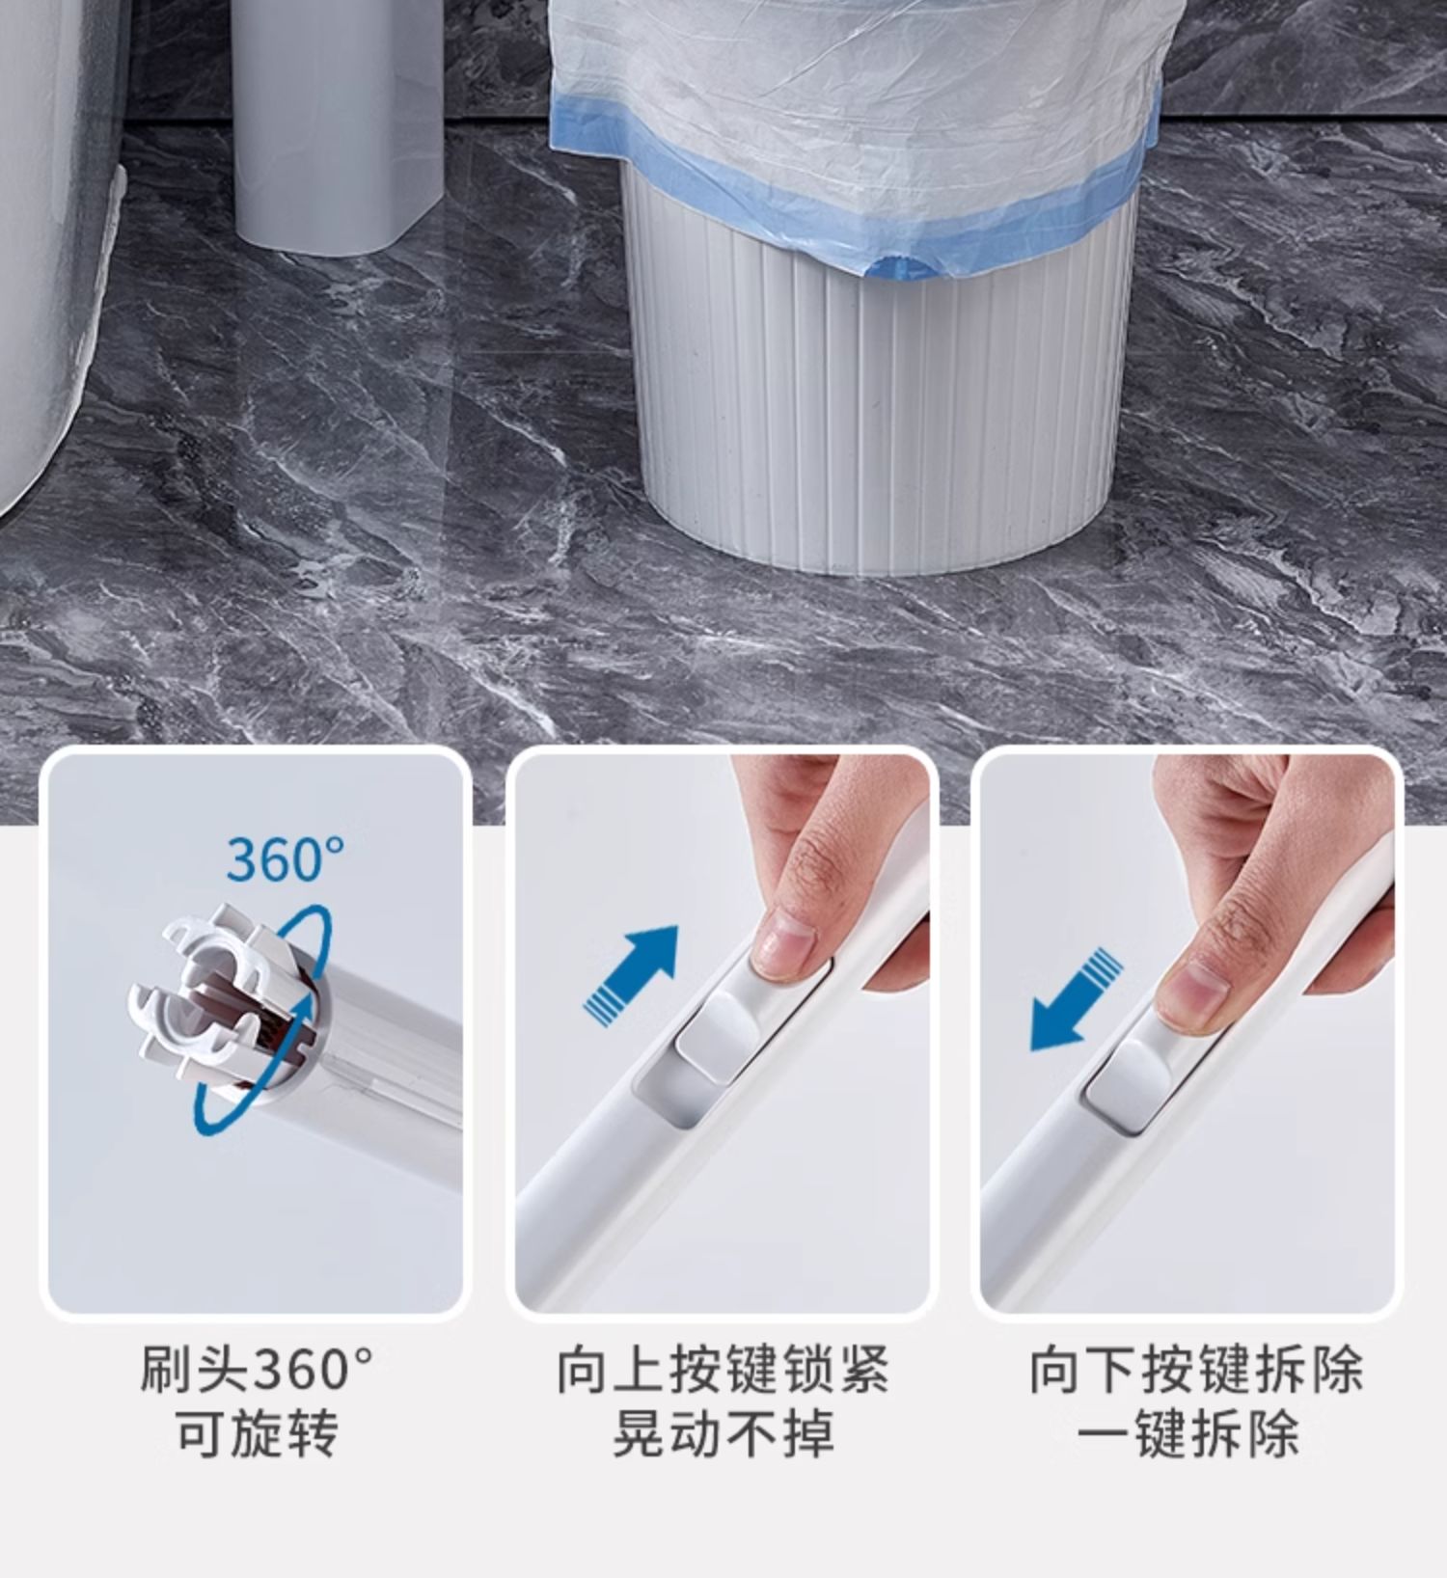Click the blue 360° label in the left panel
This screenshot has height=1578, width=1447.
286,858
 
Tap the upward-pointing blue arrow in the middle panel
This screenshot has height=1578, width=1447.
632,972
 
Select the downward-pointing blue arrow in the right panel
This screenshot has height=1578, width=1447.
1077,1000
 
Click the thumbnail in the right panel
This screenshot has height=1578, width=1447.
1188,994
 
